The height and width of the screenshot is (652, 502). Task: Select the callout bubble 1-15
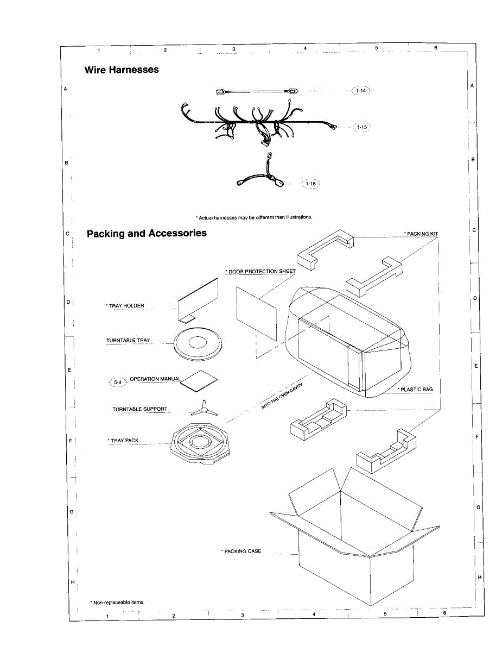pos(361,127)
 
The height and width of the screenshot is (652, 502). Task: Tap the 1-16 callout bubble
pos(310,184)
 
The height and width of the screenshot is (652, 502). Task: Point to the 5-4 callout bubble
pos(118,383)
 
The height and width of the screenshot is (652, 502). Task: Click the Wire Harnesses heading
pos(122,70)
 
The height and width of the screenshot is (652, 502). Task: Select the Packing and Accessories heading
pos(147,233)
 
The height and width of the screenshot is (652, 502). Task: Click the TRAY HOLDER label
pos(125,306)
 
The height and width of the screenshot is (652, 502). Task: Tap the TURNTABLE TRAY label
pos(128,341)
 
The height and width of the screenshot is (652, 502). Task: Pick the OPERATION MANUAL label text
pos(155,379)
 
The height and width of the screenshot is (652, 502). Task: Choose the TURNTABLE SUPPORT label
pos(140,409)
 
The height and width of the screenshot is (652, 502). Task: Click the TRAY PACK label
pos(124,441)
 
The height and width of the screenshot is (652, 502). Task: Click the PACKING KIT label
pos(421,234)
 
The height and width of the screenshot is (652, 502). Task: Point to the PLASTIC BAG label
pos(415,390)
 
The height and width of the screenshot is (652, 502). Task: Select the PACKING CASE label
pos(242,551)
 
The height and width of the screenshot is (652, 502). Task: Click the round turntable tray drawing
pos(197,343)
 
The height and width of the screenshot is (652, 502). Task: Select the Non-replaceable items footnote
pos(117,602)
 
